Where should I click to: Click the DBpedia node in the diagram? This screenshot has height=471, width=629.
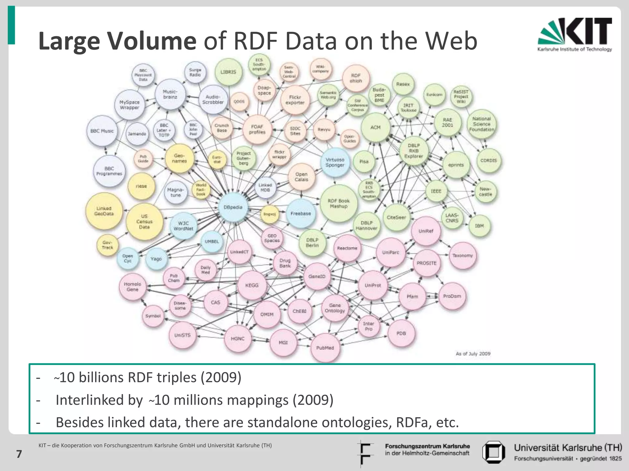coord(233,207)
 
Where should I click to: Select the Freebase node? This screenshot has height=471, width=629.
coord(301,213)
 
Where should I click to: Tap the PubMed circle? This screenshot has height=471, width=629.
coord(325,348)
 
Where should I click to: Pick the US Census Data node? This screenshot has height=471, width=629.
coord(144,221)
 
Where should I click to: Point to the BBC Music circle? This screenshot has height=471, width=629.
coord(102,131)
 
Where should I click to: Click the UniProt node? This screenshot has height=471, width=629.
coord(373,285)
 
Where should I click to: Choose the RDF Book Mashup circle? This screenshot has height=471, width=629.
coord(338,204)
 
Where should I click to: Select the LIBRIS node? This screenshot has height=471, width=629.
coord(228,72)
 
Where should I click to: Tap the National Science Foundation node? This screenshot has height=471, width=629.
coord(481,124)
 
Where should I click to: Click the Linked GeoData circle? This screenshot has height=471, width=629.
coord(104,211)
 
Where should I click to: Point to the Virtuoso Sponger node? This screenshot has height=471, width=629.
coord(335,162)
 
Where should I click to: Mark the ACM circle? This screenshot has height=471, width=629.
coord(375,127)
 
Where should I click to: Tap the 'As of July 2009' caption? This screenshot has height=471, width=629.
coord(473,354)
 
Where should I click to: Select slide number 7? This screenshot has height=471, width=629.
coord(19,454)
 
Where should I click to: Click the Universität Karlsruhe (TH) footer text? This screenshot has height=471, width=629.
coord(568,448)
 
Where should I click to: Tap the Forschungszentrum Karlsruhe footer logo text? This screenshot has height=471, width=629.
coord(427,450)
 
